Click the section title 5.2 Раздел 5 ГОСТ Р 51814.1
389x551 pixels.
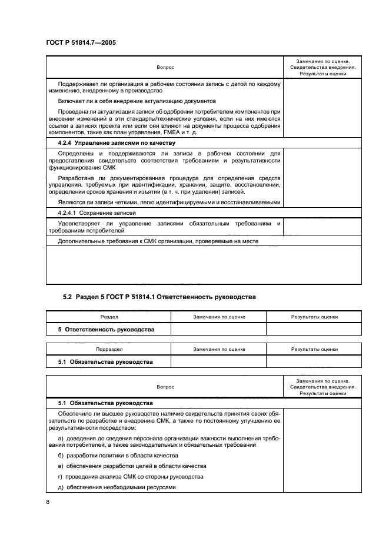(x=159, y=297)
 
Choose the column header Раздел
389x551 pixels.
(x=109, y=317)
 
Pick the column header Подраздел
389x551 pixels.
(x=109, y=348)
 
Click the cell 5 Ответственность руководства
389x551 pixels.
(x=106, y=330)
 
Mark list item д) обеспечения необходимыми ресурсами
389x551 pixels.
(x=117, y=487)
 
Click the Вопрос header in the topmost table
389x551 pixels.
(x=165, y=67)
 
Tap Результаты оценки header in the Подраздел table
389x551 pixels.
(x=314, y=348)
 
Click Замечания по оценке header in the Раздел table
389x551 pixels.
(x=219, y=317)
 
